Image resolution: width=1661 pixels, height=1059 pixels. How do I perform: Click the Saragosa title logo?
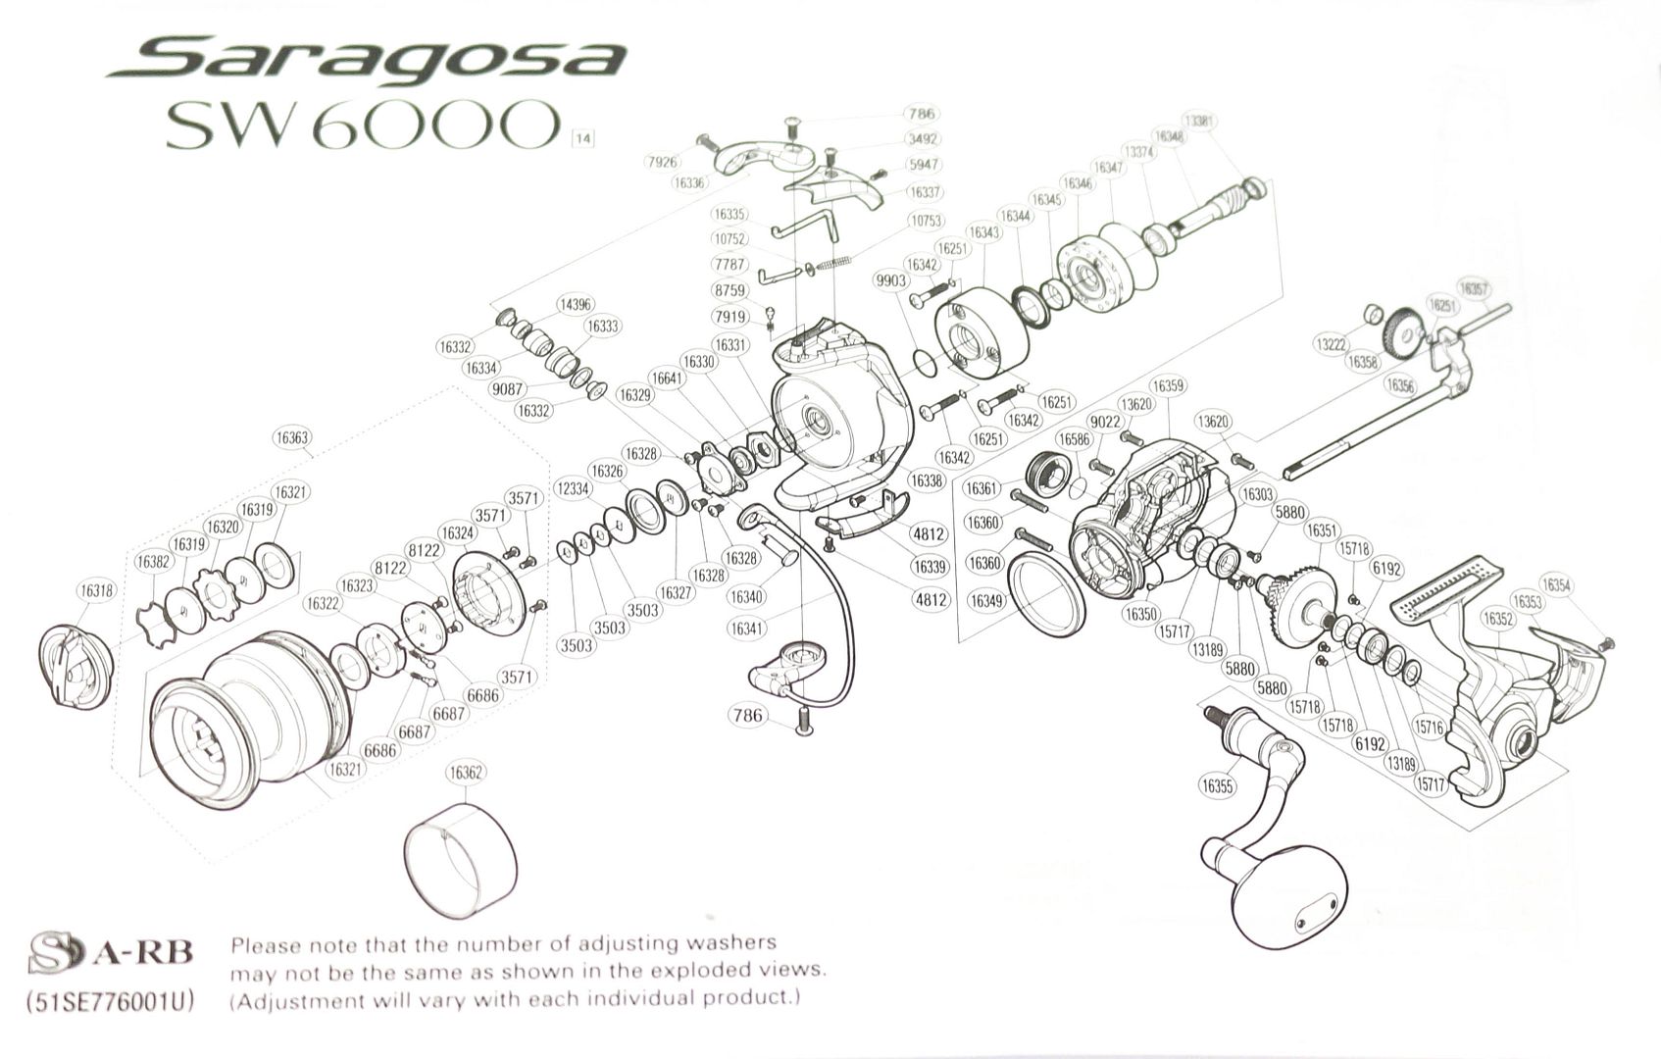365,61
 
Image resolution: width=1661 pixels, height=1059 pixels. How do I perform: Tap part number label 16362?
466,774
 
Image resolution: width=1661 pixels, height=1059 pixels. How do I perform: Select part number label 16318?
96,590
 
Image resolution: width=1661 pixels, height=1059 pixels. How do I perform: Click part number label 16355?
1217,785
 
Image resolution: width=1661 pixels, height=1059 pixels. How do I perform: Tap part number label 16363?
290,438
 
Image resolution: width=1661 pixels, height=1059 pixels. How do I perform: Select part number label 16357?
1474,289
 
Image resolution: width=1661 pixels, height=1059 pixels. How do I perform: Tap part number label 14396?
575,305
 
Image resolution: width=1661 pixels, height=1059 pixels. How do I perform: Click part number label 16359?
1167,386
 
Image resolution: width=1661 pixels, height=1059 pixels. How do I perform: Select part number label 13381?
1200,122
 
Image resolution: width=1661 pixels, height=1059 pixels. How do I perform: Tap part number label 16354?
1555,585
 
